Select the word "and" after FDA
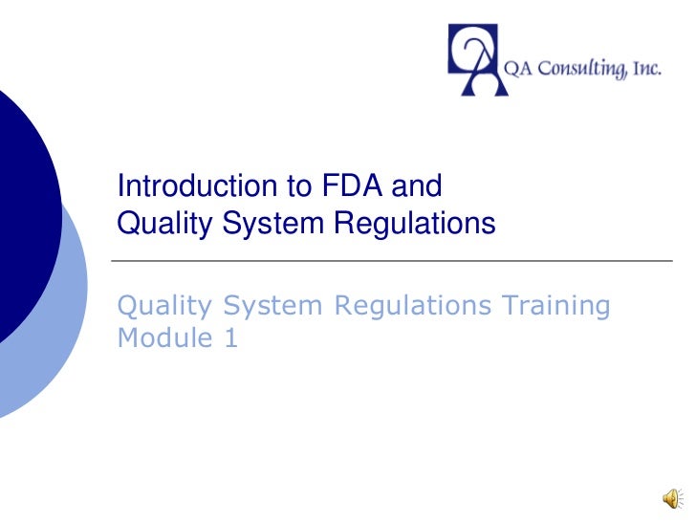pyautogui.click(x=419, y=185)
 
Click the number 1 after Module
pyautogui.click(x=231, y=337)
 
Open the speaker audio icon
pyautogui.click(x=673, y=497)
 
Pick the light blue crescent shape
pyautogui.click(x=67, y=325)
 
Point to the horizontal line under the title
pyautogui.click(x=392, y=260)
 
